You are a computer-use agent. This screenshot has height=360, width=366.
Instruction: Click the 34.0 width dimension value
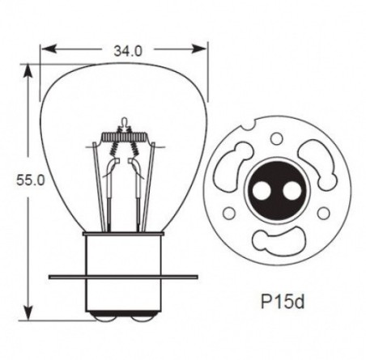127,50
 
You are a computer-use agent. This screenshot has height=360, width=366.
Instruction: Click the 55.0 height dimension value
31,180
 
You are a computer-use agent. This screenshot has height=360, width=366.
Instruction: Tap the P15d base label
283,301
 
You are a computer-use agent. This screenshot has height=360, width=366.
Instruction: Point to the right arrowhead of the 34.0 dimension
198,49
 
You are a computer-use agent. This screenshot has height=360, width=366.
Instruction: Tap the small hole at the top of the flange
276,139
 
